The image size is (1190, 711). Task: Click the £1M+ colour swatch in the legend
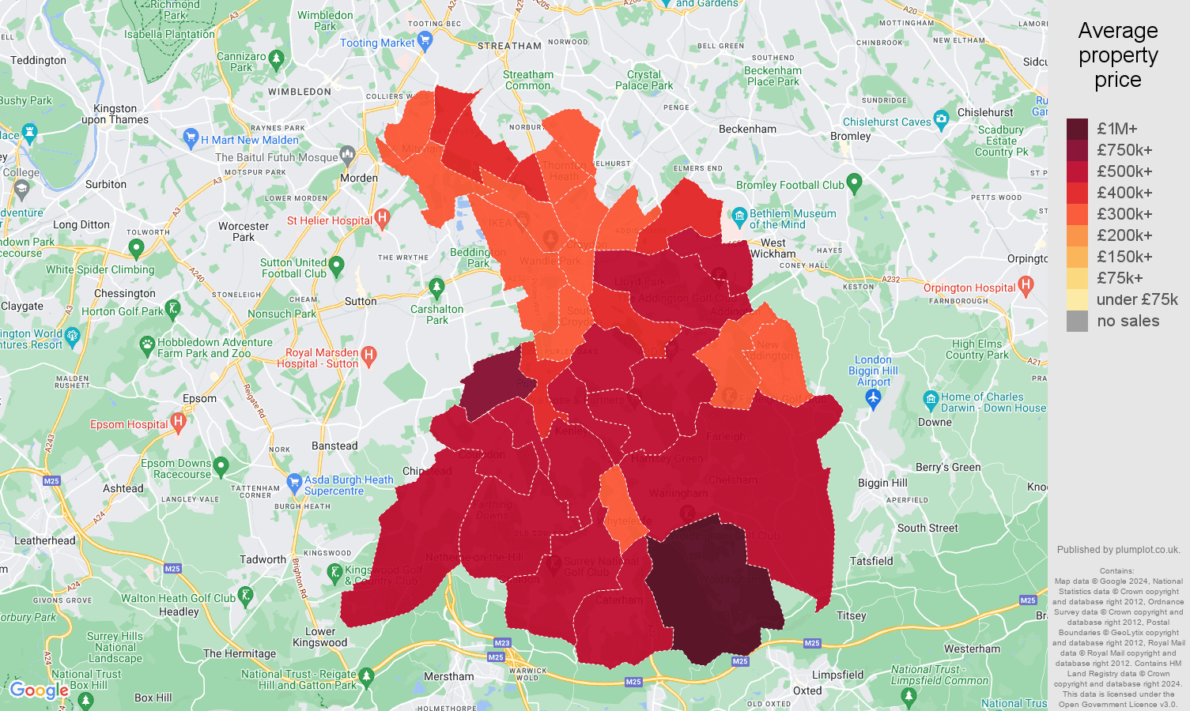coord(1077,129)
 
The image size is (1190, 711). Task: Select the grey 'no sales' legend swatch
coord(1077,321)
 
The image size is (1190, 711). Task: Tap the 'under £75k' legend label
coord(1136,299)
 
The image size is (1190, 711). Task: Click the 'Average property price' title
coord(1117,55)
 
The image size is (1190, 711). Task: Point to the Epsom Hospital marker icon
coord(179,423)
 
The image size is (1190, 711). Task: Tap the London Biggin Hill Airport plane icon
coord(873,399)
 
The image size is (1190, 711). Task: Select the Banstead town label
coord(334,446)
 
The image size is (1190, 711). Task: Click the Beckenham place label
coord(747,129)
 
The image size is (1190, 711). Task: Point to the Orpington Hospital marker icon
coord(1026,285)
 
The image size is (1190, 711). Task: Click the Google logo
coord(40,690)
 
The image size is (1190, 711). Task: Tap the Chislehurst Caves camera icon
coord(941,120)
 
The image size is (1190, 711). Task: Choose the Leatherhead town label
coord(45,540)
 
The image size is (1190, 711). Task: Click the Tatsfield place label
coord(871,561)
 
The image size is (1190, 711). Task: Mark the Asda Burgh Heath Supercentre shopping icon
coord(294,481)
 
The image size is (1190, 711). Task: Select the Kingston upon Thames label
coord(115,114)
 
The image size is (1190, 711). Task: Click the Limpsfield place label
coord(837,675)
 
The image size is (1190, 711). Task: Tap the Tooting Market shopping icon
coord(425,43)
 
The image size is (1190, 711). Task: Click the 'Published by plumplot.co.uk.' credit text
coord(1118,550)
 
